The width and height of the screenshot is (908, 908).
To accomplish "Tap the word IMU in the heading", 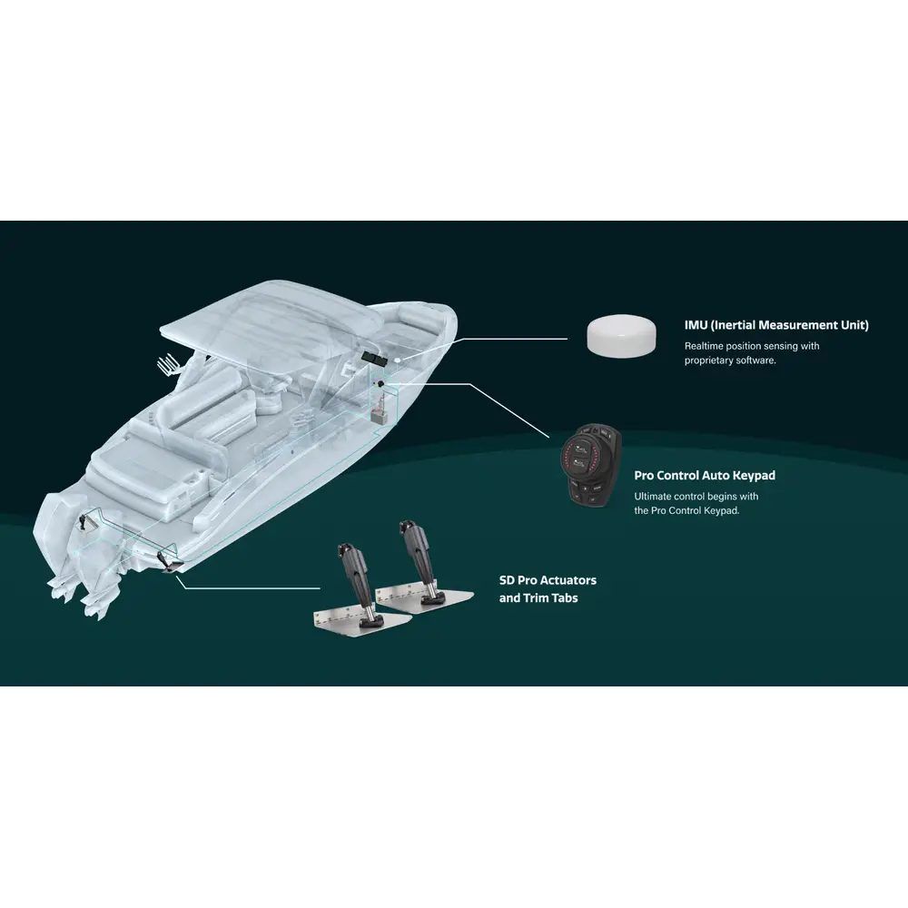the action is pos(696,325).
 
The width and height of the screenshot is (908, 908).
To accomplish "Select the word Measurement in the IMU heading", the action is pos(798,325).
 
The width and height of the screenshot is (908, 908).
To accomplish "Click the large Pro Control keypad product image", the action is pos(591,466).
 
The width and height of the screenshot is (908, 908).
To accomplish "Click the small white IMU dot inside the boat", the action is pos(399,360).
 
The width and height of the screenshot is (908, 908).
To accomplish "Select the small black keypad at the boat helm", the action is pos(381,384).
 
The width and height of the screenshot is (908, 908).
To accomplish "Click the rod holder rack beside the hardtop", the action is pos(168,365).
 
